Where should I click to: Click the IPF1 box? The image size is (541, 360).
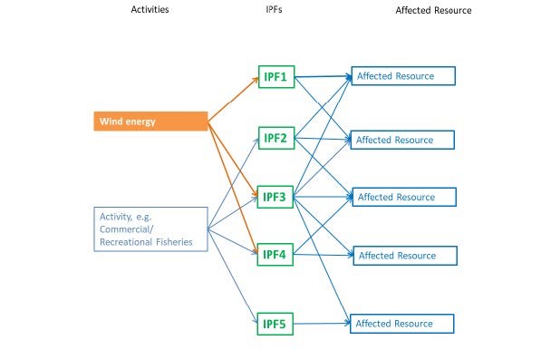[x=274, y=76]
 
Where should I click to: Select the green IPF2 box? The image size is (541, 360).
[x=274, y=138]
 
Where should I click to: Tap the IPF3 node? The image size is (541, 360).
[x=274, y=196]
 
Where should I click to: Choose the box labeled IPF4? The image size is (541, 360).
[x=274, y=255]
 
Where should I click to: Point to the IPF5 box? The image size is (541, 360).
[x=274, y=323]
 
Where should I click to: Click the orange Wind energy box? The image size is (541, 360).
[x=150, y=121]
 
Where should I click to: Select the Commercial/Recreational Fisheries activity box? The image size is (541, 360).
[x=150, y=228]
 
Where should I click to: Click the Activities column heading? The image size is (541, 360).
[x=149, y=10]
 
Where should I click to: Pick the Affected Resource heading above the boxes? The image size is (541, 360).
[x=433, y=10]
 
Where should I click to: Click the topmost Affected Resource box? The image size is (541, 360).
[x=402, y=75]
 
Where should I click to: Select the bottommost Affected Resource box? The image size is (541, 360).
[x=402, y=324]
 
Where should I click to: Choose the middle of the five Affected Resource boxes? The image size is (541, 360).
[x=402, y=197]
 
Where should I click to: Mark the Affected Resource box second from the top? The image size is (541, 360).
[x=402, y=140]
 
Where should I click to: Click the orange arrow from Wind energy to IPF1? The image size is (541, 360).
[x=232, y=100]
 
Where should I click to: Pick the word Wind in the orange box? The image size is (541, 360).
[x=109, y=121]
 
